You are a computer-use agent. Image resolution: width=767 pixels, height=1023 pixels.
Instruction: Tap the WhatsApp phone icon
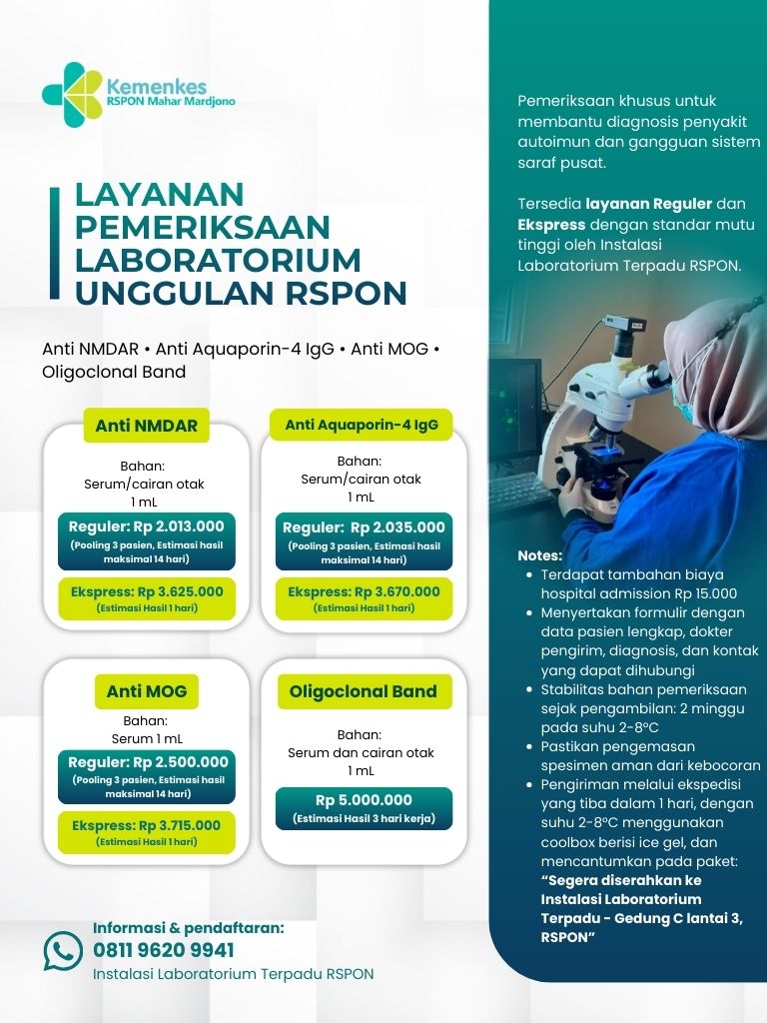[x=63, y=951]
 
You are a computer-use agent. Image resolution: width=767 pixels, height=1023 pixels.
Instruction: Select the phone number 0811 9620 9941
[x=164, y=949]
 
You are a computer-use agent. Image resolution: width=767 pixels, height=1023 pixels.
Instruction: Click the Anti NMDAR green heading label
[x=146, y=426]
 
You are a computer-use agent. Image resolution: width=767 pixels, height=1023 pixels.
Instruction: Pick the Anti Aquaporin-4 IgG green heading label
[x=361, y=425]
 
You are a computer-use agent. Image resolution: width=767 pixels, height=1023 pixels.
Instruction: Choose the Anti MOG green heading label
[x=147, y=690]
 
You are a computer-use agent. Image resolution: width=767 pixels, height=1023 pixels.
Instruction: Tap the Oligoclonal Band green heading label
[x=363, y=691]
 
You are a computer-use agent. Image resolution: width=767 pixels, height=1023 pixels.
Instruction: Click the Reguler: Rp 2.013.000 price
[x=146, y=526]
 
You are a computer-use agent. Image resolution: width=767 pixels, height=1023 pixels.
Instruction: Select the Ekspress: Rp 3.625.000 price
[x=147, y=591]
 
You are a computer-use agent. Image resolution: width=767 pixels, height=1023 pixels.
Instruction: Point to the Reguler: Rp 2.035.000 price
[x=364, y=527]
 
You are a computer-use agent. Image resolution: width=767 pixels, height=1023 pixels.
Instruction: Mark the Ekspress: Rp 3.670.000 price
[x=364, y=591]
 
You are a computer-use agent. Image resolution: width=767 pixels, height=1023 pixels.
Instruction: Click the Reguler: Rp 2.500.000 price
[x=147, y=762]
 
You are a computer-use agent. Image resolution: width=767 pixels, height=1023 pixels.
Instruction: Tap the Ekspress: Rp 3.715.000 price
[x=147, y=825]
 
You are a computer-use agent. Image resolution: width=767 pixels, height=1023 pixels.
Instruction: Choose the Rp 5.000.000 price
[x=364, y=800]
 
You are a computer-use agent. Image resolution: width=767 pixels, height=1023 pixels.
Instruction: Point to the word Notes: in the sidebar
[x=540, y=555]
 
